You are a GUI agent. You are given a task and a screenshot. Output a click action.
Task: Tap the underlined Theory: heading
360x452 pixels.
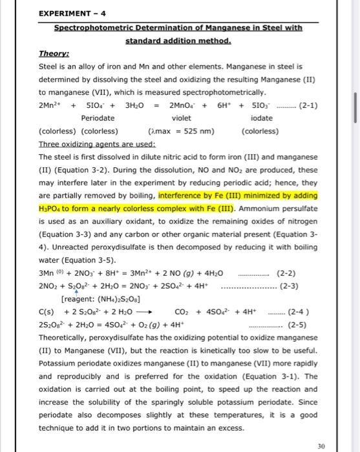54,55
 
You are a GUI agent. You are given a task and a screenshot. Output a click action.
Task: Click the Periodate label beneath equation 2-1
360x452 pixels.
98,118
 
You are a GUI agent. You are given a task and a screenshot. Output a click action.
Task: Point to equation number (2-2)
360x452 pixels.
286,274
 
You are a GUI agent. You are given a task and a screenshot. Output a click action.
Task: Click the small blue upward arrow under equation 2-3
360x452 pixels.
76,293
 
